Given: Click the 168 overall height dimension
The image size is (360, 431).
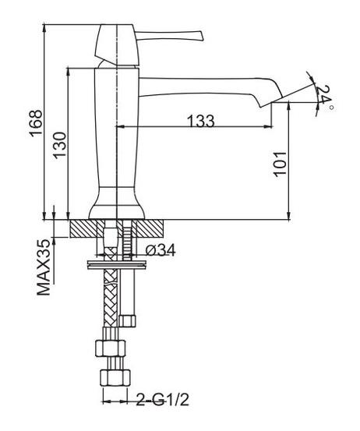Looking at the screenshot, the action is [x=37, y=123].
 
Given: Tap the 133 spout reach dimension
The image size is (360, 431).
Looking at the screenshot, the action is [x=200, y=121].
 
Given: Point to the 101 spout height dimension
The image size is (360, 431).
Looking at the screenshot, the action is [x=280, y=164].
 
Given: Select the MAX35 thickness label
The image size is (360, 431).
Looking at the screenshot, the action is [x=44, y=267].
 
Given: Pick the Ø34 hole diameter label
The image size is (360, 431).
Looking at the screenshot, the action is [x=161, y=250].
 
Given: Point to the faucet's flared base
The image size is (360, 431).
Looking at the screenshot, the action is [x=117, y=203].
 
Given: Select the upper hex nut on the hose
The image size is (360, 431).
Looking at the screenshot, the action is [x=111, y=348].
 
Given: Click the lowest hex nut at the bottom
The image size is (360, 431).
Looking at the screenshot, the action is [x=115, y=378].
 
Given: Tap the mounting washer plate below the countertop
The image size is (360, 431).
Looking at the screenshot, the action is [x=117, y=265].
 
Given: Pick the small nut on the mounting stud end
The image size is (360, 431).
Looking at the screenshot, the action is [x=128, y=321].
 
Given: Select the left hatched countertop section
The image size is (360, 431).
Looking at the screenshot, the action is [x=84, y=228].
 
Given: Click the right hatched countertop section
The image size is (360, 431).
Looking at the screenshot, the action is [x=150, y=228].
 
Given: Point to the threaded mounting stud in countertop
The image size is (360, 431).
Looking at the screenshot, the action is [x=127, y=238].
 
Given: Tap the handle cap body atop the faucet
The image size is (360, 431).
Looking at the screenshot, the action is [x=117, y=45].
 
